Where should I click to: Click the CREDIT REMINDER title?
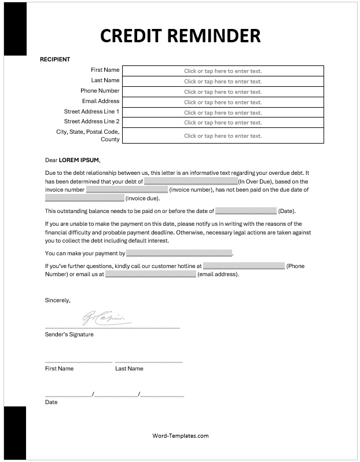(180, 35)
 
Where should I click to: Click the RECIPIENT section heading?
(54, 59)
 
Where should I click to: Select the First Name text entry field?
(223, 71)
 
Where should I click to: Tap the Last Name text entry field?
(223, 82)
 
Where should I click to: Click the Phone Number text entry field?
(223, 92)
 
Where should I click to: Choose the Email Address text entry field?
(223, 102)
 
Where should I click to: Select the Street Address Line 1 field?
(223, 113)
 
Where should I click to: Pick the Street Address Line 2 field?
(223, 123)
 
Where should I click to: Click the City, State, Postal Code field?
(223, 136)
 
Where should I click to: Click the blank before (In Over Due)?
(190, 181)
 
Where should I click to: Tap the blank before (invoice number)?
(127, 190)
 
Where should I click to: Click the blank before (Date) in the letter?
(246, 211)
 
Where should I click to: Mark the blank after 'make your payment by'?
(179, 254)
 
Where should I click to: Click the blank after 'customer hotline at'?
(244, 266)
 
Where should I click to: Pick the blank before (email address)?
(150, 274)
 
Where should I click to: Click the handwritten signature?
(107, 317)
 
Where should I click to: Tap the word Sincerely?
(57, 300)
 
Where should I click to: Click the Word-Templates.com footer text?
(180, 436)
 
